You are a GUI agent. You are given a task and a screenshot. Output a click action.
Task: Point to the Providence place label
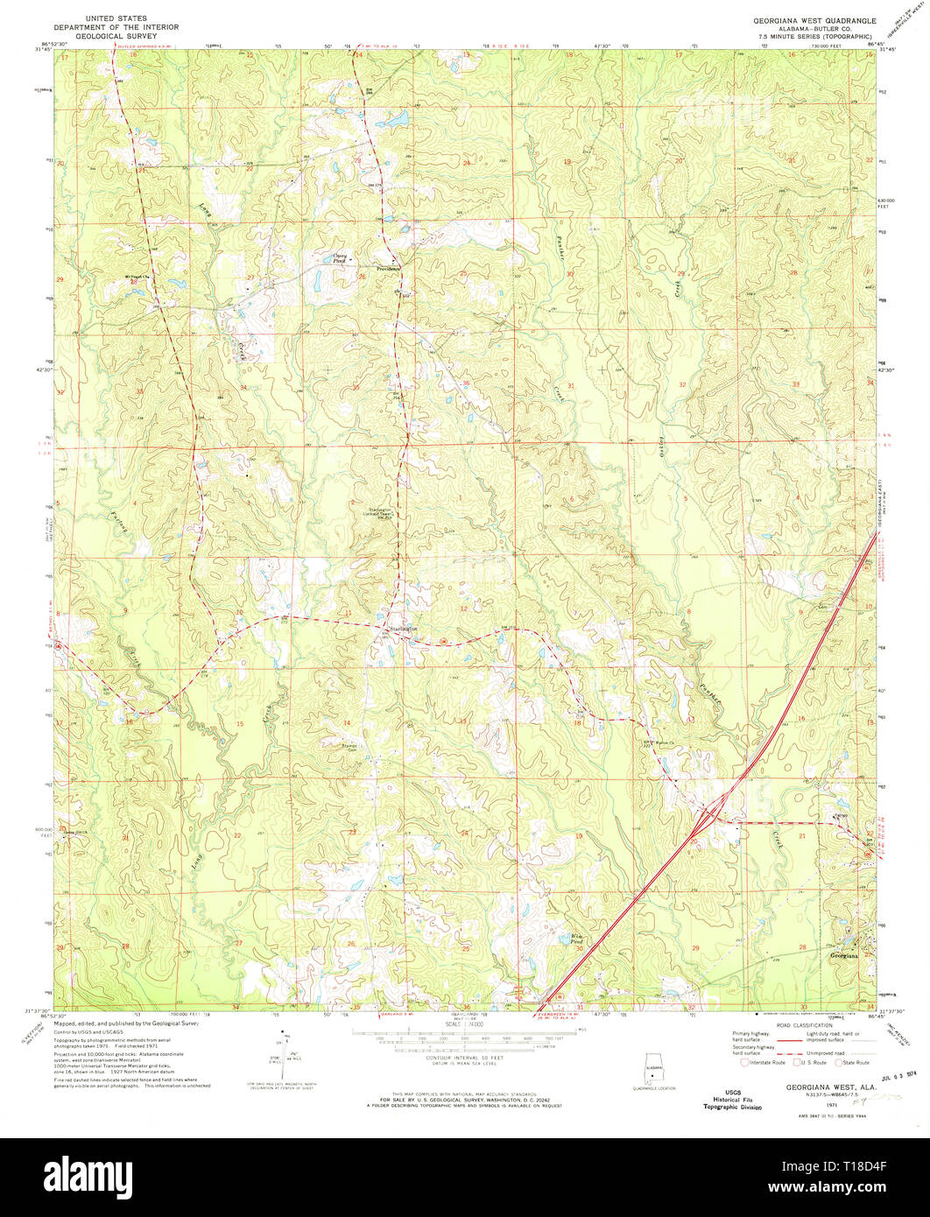point(387,268)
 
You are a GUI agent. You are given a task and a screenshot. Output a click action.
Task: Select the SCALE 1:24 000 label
point(465,1023)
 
